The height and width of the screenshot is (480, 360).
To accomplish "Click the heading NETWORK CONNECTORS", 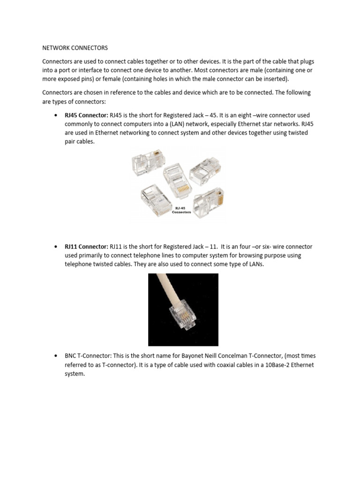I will [75, 48].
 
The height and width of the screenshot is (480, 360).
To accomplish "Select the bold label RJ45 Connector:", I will [86, 115].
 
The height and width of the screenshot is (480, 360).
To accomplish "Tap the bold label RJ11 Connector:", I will [86, 247].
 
